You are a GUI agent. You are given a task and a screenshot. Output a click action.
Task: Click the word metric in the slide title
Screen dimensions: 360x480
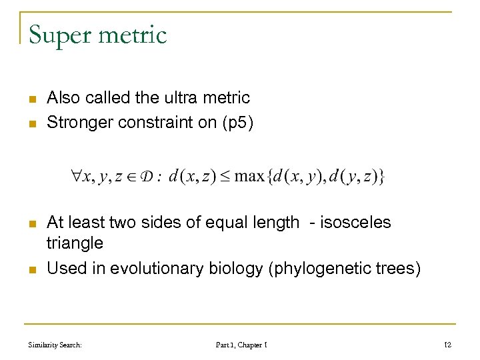click(133, 35)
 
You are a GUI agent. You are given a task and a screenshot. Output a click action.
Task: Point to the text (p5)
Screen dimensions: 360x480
click(237, 123)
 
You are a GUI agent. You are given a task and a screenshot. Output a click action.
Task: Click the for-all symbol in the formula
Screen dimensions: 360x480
click(75, 177)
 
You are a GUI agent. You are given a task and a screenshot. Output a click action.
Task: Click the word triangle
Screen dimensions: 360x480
click(75, 243)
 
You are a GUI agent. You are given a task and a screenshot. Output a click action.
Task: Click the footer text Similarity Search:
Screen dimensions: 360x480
click(55, 345)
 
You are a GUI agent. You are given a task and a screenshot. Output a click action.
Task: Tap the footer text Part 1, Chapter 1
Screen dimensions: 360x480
click(241, 345)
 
